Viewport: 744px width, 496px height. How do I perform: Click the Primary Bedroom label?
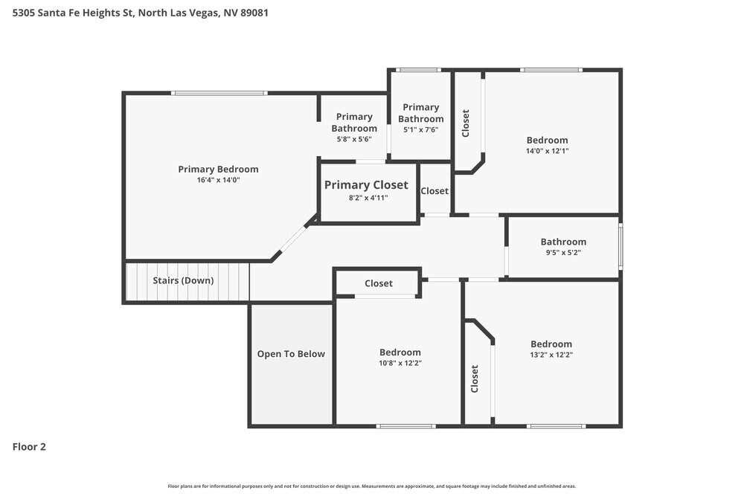[218, 169]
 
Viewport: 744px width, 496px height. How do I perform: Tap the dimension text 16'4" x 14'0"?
[218, 180]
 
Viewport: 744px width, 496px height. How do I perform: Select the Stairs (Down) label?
[183, 280]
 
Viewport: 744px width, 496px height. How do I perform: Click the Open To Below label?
[291, 354]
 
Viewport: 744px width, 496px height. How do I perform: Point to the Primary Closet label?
[366, 185]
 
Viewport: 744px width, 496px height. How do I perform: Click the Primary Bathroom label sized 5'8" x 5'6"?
[354, 122]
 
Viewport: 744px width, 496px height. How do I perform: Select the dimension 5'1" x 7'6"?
[421, 129]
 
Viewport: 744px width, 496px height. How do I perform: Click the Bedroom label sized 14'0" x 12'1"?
[547, 140]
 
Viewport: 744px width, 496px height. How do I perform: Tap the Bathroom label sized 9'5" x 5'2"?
[563, 242]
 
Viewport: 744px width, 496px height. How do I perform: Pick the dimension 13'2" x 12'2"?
[551, 355]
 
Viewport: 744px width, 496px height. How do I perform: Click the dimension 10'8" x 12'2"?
[400, 363]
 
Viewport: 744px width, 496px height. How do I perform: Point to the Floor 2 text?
[29, 447]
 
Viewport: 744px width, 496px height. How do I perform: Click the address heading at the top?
[141, 13]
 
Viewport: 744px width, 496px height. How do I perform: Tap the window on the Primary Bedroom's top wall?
[218, 93]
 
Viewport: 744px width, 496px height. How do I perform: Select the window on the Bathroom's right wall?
[620, 247]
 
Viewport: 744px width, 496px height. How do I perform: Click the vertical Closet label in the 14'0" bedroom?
[466, 123]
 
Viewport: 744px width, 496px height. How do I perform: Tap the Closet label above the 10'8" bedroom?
[379, 283]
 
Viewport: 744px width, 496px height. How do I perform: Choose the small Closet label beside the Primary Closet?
[434, 191]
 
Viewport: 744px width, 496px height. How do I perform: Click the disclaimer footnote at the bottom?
[372, 486]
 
